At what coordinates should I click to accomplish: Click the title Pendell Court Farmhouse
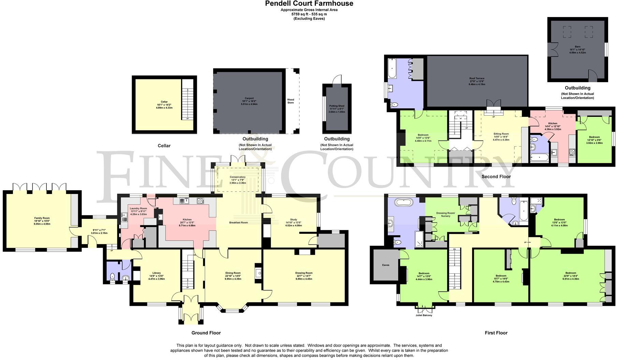(309, 4)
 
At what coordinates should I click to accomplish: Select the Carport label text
(249, 98)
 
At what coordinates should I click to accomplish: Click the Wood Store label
(291, 101)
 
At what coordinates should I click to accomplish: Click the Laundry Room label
(138, 208)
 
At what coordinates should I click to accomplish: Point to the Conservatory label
(238, 177)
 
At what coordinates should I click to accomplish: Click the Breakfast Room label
(238, 222)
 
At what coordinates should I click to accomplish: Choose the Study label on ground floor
(294, 220)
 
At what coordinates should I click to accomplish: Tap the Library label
(157, 273)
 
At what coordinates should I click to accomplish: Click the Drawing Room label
(304, 273)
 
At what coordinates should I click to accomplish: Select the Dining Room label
(233, 273)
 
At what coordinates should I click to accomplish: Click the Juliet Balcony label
(424, 315)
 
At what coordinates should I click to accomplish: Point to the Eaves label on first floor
(386, 265)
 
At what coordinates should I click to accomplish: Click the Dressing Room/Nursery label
(446, 214)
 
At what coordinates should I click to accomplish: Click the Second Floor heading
(496, 177)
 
